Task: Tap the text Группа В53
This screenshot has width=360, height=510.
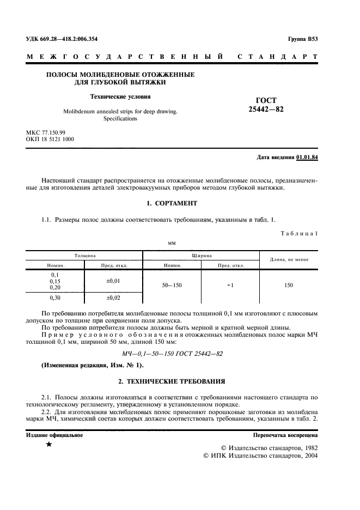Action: pos(302,39)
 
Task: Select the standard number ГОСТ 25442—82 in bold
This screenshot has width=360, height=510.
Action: pos(266,105)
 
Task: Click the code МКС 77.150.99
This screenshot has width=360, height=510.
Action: pos(46,132)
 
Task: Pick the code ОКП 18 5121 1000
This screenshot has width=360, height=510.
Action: pos(50,139)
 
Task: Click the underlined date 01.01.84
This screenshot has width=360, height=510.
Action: pos(307,157)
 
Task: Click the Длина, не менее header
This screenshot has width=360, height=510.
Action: pos(289,259)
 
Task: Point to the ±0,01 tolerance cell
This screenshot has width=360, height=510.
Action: pos(113,281)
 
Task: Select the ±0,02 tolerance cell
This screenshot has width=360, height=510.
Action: pos(113,298)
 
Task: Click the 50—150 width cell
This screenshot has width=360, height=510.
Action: pos(172,285)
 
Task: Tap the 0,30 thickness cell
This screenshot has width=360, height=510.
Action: pos(55,298)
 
